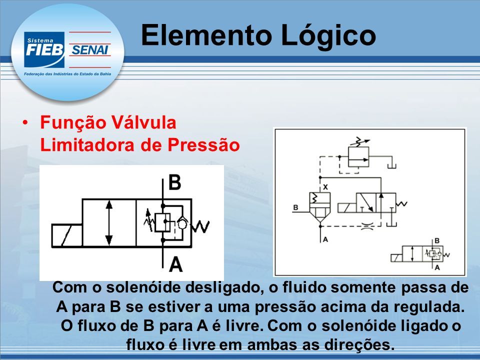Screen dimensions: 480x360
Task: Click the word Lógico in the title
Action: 328,36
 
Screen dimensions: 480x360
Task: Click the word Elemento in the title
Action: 206,35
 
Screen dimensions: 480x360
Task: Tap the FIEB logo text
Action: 44,50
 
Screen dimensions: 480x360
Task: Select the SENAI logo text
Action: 90,49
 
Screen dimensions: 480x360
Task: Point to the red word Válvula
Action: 143,122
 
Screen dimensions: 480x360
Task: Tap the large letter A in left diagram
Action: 175,264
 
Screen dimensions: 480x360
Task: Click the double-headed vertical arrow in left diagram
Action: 109,222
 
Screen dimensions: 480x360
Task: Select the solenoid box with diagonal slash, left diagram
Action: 67,235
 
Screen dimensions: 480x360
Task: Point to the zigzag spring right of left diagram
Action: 201,226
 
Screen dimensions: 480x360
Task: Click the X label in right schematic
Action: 325,186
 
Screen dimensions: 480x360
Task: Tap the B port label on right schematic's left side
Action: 295,207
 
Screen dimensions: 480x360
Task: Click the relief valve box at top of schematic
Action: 358,156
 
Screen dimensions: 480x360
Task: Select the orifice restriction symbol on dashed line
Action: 367,226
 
